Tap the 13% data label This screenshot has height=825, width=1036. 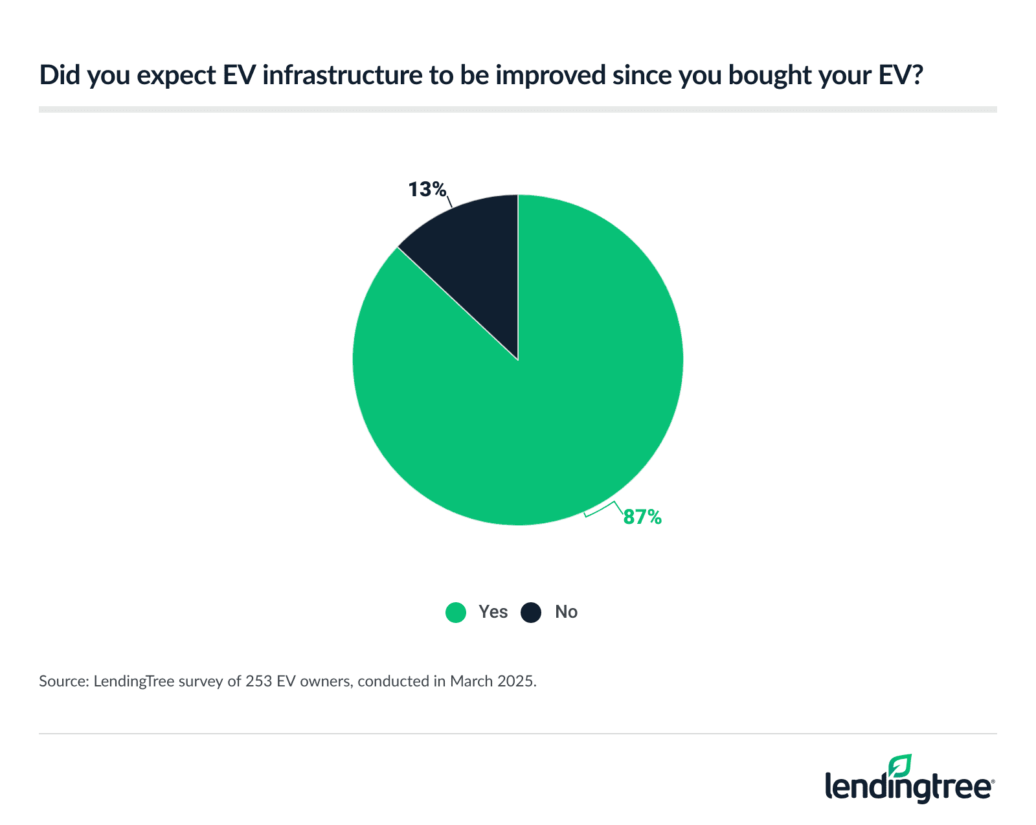pyautogui.click(x=427, y=190)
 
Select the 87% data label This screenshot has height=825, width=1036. pyautogui.click(x=642, y=517)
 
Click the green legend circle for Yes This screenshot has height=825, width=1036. pyautogui.click(x=456, y=612)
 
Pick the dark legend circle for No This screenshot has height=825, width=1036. pyautogui.click(x=531, y=612)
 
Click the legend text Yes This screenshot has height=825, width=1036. pyautogui.click(x=493, y=612)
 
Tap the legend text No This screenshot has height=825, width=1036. pyautogui.click(x=566, y=612)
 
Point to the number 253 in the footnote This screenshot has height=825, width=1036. pyautogui.click(x=258, y=681)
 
